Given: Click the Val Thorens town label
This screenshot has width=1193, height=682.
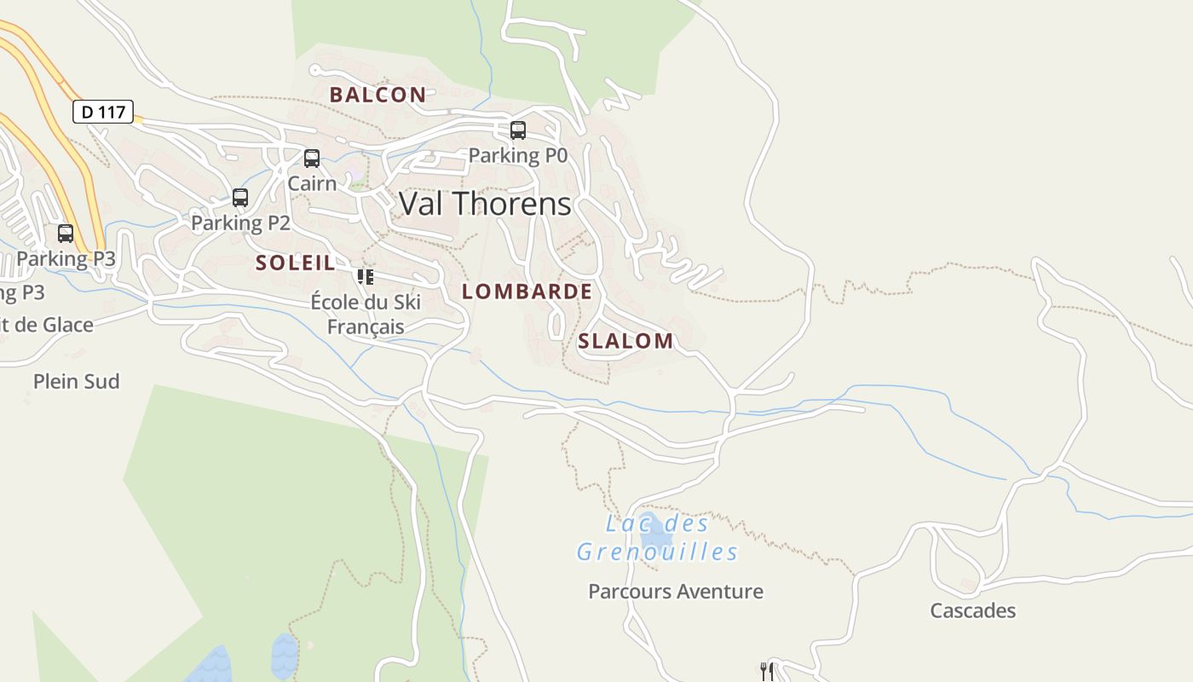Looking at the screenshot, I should [x=485, y=204].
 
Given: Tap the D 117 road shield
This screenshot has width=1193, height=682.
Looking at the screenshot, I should [x=103, y=112].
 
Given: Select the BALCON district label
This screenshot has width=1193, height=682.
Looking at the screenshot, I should [x=377, y=95].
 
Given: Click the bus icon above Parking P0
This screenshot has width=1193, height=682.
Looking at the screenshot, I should [x=517, y=130].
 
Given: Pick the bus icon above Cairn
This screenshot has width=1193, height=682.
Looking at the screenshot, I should [x=312, y=158].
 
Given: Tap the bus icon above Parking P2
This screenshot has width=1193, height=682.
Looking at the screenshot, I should [x=240, y=198].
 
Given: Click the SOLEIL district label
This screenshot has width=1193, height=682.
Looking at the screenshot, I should [x=296, y=263].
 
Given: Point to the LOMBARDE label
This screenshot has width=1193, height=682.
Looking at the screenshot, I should [x=527, y=292].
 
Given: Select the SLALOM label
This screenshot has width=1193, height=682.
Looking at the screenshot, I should [x=625, y=342].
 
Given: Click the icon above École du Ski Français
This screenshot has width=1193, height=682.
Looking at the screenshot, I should [x=366, y=276].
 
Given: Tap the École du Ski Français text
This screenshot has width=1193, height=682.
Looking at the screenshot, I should [x=366, y=314].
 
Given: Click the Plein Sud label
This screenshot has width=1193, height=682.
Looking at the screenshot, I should [x=77, y=381].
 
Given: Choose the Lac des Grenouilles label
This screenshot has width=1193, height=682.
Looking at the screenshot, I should [x=657, y=538].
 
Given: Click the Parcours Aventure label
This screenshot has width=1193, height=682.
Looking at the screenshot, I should [x=676, y=592].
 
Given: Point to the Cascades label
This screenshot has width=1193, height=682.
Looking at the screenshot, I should [x=972, y=610].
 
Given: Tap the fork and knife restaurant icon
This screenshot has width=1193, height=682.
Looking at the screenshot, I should [x=767, y=671].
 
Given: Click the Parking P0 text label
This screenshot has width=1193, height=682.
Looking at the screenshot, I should [x=517, y=155].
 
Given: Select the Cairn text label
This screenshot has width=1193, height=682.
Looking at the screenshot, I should [x=312, y=182].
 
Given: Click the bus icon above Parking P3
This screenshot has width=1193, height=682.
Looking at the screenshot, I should [x=66, y=233].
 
